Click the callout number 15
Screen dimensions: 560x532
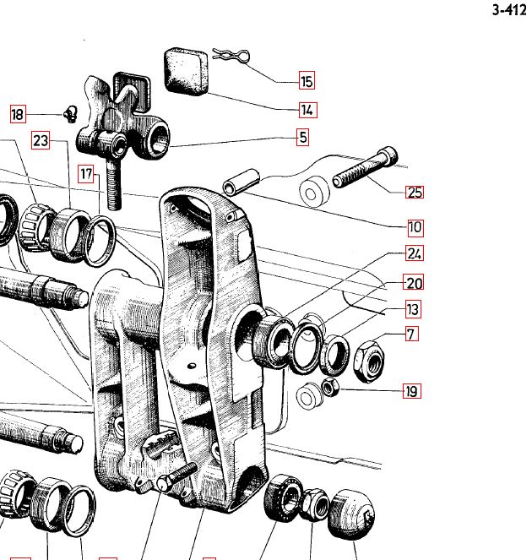pos(307,82)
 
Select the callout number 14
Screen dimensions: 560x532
pos(307,110)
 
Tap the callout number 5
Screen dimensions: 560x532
pos(302,137)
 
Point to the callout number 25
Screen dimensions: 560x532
pos(414,192)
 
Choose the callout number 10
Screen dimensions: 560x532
pos(414,227)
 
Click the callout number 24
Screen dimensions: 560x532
pos(414,253)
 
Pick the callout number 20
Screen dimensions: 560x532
pos(414,283)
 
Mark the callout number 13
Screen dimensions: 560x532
pos(413,309)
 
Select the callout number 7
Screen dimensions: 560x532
pos(410,334)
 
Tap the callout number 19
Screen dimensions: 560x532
pos(411,391)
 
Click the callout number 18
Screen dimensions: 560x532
pos(18,114)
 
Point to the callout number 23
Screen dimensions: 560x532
pos(41,141)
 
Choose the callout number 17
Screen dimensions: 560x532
pos(85,175)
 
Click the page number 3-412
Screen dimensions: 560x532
pos(508,11)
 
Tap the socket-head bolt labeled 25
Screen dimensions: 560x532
pos(364,168)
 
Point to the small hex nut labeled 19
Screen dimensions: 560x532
pos(332,388)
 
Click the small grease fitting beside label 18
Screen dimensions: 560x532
pos(70,114)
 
